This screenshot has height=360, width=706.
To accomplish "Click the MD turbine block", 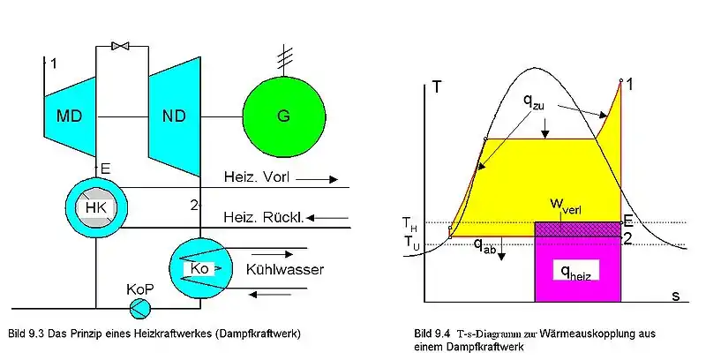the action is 71,117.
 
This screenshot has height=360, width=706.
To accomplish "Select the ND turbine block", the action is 175,116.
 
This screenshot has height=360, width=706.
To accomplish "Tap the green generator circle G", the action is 283,116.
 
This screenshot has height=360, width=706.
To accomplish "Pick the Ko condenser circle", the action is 200,269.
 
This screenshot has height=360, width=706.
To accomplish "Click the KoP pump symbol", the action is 139,308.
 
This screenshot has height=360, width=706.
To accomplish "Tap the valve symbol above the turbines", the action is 121,46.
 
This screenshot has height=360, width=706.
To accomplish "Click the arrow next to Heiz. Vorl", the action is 317,179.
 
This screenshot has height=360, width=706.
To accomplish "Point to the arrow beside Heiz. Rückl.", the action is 327,218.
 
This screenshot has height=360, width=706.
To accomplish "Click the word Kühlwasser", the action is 284,269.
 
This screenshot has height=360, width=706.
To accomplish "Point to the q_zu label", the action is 534,101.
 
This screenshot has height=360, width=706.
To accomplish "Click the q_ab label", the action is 484,245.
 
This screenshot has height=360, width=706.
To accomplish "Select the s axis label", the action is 675,296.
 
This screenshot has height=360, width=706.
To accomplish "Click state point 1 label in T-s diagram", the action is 629,84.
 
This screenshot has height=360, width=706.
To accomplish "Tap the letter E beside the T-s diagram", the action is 627,221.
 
